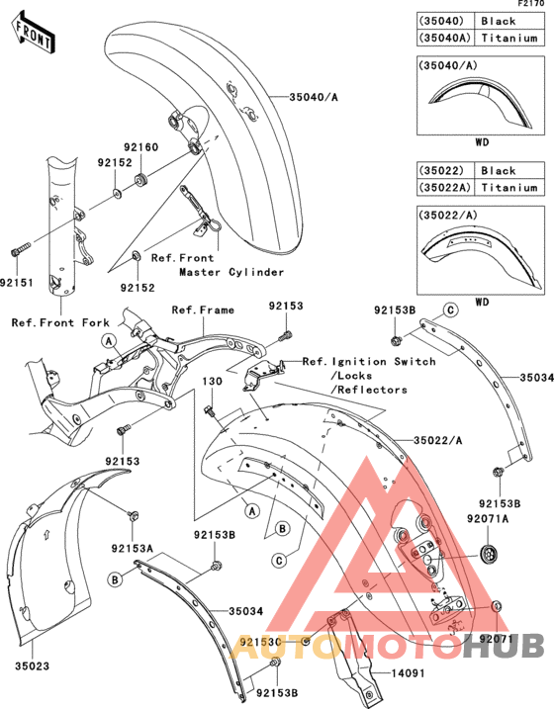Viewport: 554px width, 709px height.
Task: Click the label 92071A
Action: tap(490, 518)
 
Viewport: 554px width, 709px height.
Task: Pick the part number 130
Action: tap(213, 381)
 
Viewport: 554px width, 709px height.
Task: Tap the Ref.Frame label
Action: tap(203, 310)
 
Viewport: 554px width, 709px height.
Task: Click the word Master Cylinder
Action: tap(231, 272)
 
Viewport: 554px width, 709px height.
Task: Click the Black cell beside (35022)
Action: tap(499, 171)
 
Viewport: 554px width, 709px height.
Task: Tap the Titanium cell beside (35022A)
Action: tap(508, 187)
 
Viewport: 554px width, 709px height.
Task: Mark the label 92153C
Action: tap(260, 643)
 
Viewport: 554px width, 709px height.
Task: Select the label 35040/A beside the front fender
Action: tap(315, 98)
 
